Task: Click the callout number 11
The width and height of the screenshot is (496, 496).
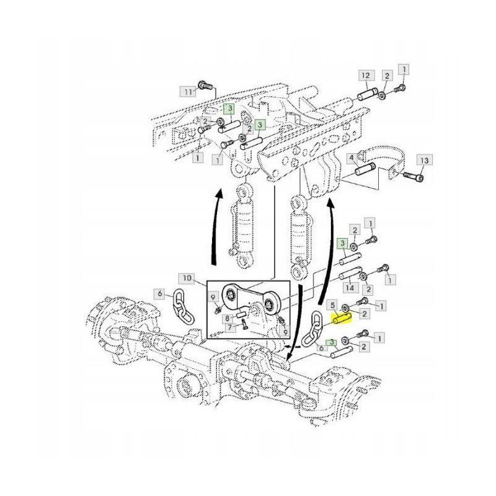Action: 188,92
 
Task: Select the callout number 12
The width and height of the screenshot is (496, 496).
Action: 365,76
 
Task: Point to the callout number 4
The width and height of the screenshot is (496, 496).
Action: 352,159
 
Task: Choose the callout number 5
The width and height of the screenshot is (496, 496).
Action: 333,305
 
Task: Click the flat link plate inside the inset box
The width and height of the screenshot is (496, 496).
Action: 247,299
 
